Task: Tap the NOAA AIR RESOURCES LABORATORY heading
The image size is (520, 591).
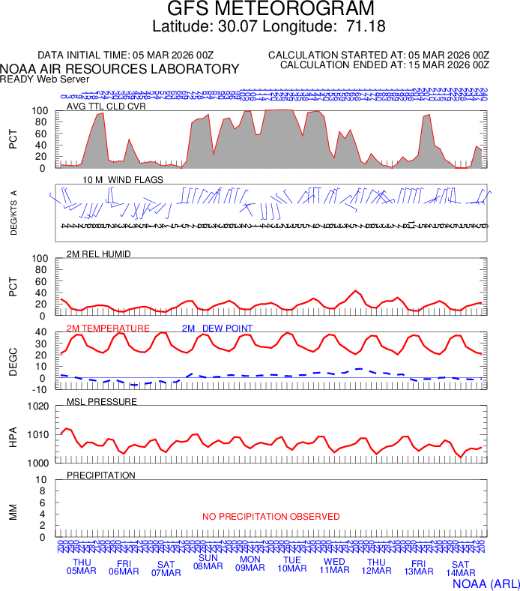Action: (x=120, y=69)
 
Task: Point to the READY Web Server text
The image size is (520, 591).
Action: (x=45, y=79)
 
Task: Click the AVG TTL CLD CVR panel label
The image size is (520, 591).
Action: (x=106, y=106)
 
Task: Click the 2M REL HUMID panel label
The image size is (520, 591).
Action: (x=99, y=254)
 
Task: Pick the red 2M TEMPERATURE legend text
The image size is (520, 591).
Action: (x=108, y=328)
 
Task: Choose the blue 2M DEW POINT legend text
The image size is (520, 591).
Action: (x=217, y=328)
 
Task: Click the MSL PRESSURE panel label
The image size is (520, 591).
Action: (x=102, y=402)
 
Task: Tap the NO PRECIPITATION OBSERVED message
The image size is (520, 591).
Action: (x=271, y=517)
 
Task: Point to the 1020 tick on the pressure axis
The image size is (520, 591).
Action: (x=37, y=406)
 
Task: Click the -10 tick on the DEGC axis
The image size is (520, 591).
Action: (x=40, y=388)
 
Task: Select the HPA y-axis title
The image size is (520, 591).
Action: (x=13, y=435)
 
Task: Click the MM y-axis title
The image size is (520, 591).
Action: (x=13, y=512)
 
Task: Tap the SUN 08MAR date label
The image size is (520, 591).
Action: (x=208, y=562)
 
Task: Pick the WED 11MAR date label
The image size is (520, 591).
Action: (x=334, y=567)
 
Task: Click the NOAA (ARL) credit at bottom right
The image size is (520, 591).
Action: (x=486, y=582)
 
